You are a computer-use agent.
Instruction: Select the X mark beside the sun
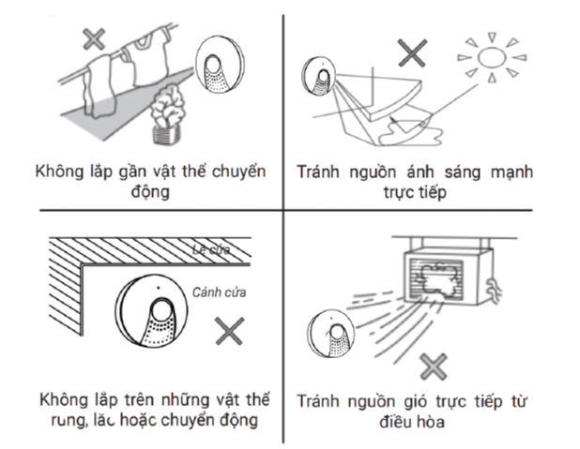[411, 52]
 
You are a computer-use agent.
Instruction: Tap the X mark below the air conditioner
[432, 366]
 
